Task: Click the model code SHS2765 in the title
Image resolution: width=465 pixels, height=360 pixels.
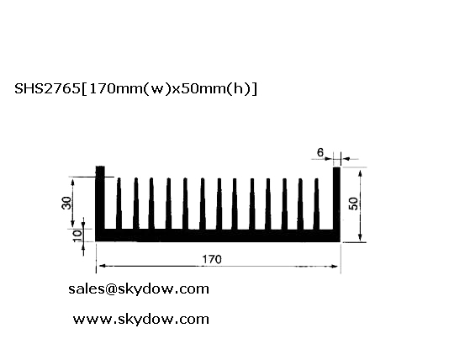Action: coord(47,88)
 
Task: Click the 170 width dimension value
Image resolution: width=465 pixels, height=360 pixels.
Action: coord(212,259)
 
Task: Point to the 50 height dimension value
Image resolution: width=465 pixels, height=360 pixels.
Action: coord(353,204)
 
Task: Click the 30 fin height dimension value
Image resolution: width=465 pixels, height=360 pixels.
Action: coord(66,203)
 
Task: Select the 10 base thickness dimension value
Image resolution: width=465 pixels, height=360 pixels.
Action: coord(77,236)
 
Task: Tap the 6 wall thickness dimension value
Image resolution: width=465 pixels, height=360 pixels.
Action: coord(320,152)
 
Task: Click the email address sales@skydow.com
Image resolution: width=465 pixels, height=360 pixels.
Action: coord(139,289)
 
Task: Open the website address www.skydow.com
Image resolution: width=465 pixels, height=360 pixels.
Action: coord(141,320)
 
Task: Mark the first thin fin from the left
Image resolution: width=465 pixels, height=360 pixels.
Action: coord(119,204)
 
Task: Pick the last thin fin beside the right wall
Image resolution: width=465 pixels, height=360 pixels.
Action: coord(316,204)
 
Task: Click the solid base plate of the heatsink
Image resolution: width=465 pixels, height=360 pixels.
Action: coord(218,236)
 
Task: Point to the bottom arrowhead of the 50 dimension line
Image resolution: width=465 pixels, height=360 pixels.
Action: coord(360,236)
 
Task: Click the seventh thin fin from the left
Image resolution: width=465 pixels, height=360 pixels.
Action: coord(219,204)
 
